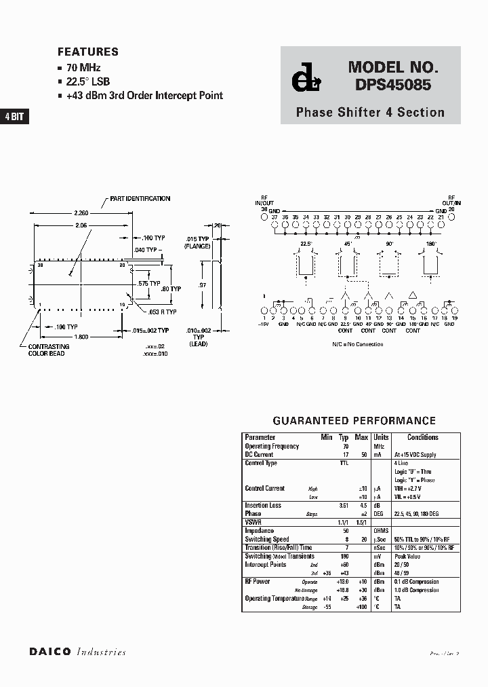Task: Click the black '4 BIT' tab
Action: tap(14, 117)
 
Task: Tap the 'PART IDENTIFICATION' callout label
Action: tap(140, 199)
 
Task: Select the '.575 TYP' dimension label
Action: tap(149, 283)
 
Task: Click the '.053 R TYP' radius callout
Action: tap(163, 312)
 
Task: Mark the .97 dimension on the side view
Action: tap(203, 285)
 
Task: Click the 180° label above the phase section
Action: tap(431, 243)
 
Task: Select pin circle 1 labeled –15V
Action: tap(264, 311)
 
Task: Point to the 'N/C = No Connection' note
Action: tap(357, 344)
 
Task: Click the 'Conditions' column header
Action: tap(422, 437)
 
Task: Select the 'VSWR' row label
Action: tap(253, 522)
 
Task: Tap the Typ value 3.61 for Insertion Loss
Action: tap(344, 505)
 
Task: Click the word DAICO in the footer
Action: tap(51, 652)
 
